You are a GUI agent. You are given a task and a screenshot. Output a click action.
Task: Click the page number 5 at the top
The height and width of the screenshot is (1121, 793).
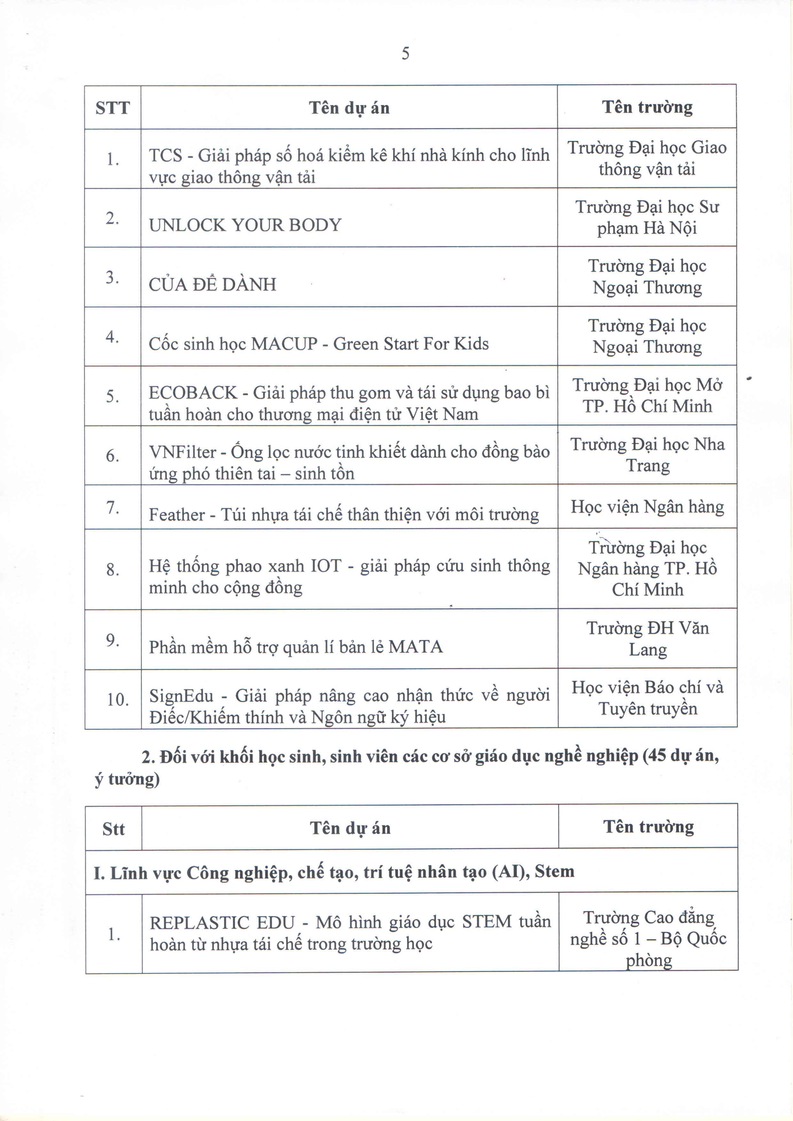pyautogui.click(x=405, y=53)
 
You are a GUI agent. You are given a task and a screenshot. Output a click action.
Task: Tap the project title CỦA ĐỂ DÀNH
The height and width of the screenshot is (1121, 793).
pyautogui.click(x=212, y=284)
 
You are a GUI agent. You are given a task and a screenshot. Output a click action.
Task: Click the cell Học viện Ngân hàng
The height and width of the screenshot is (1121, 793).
pyautogui.click(x=647, y=507)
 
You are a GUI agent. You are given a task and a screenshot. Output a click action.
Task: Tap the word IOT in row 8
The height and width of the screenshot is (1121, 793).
pyautogui.click(x=326, y=566)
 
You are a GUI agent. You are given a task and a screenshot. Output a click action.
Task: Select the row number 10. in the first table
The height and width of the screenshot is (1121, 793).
pyautogui.click(x=118, y=699)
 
